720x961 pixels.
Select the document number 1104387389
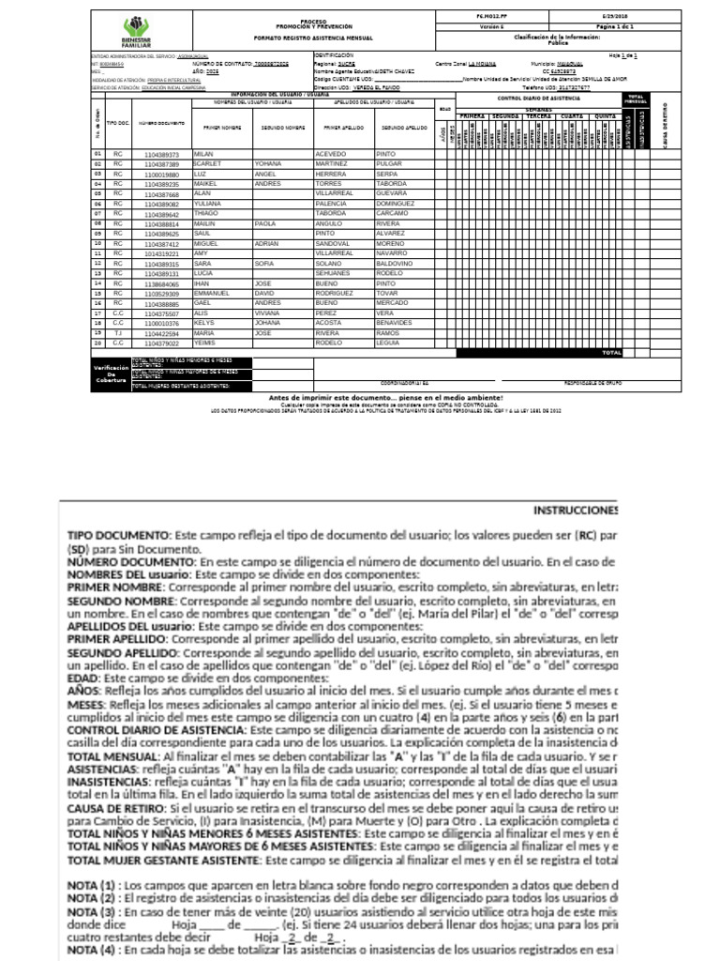tap(160, 163)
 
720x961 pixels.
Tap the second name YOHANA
tap(269, 163)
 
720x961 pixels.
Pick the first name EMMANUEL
tap(212, 294)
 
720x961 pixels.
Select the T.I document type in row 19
tap(118, 334)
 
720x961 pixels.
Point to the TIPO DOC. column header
tap(118, 122)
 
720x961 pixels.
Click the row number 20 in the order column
tap(97, 343)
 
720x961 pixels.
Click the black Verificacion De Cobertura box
tap(110, 374)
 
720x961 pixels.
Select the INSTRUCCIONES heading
tap(575, 510)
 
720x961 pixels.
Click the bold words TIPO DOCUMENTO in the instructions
tap(117, 533)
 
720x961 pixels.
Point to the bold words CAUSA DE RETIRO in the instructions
tap(122, 808)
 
